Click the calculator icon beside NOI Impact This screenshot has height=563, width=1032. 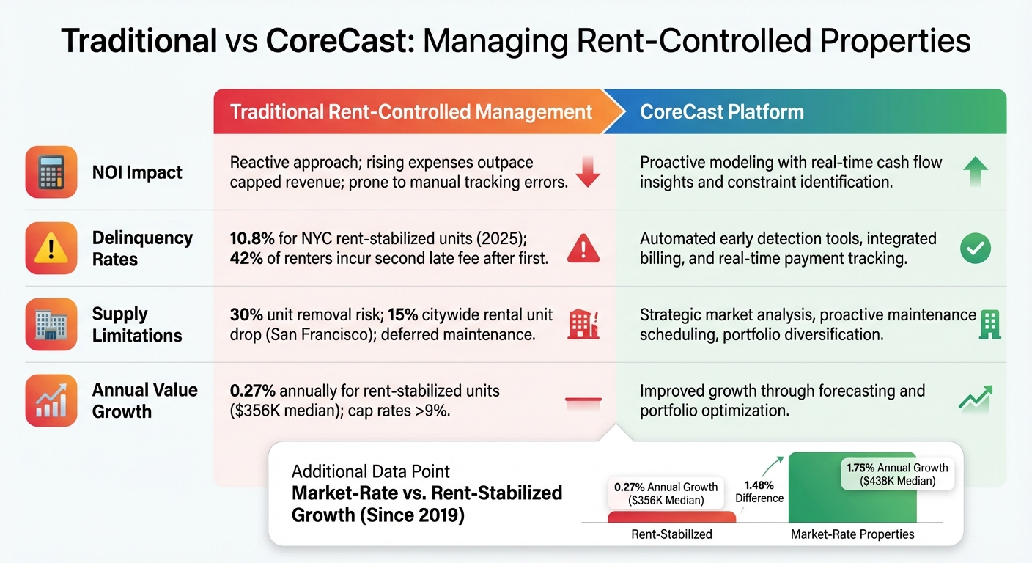(51, 172)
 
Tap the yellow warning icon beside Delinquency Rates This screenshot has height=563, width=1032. (51, 249)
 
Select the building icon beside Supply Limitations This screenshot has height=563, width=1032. (51, 324)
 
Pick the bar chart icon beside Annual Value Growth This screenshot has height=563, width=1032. (51, 400)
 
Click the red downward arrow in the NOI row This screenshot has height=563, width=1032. (587, 172)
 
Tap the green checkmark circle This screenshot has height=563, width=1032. (975, 249)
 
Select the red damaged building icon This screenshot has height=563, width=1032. (583, 325)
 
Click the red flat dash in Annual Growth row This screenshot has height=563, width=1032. (583, 400)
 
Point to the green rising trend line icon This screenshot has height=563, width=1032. (975, 398)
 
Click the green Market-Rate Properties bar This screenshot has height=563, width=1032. (852, 506)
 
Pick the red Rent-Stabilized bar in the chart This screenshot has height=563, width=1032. (671, 517)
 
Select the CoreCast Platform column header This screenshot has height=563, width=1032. (721, 112)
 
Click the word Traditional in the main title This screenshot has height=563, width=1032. (139, 41)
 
